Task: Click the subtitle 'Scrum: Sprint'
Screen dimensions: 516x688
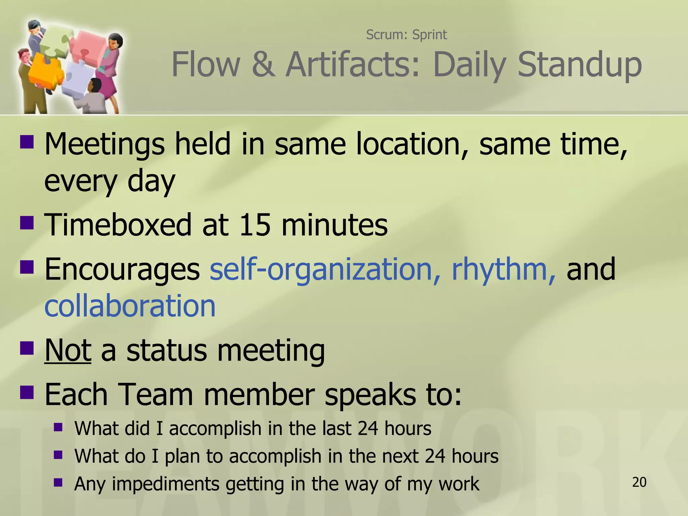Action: (x=406, y=35)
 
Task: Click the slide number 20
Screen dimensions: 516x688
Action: (x=639, y=482)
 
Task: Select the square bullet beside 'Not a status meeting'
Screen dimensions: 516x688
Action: (x=27, y=348)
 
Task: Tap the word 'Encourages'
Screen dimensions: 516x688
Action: (x=122, y=269)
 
